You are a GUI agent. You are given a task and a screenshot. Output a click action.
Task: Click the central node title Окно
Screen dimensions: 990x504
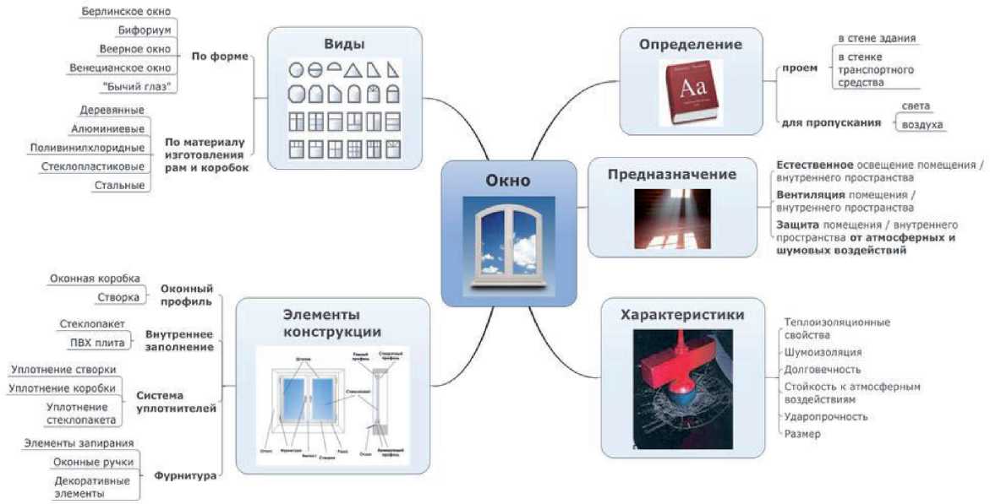[x=508, y=180]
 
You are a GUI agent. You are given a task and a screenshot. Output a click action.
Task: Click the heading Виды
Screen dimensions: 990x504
[x=344, y=44]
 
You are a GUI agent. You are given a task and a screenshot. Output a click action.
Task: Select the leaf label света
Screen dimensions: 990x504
[x=916, y=106]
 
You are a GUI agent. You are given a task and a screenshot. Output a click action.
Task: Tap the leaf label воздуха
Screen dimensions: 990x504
[x=922, y=124]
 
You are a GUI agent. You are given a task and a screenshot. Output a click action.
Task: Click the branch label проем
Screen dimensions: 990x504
[x=800, y=68]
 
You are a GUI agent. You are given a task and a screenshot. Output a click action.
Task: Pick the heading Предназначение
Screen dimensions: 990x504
[x=672, y=175]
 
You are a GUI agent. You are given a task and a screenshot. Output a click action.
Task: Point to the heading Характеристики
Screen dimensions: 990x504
[x=682, y=315]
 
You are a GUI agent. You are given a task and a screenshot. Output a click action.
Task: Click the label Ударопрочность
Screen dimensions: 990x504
[x=826, y=416]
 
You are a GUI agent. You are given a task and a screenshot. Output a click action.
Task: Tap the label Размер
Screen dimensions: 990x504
[x=802, y=434]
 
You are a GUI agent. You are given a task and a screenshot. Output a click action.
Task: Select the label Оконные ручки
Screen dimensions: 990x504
[x=91, y=462]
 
